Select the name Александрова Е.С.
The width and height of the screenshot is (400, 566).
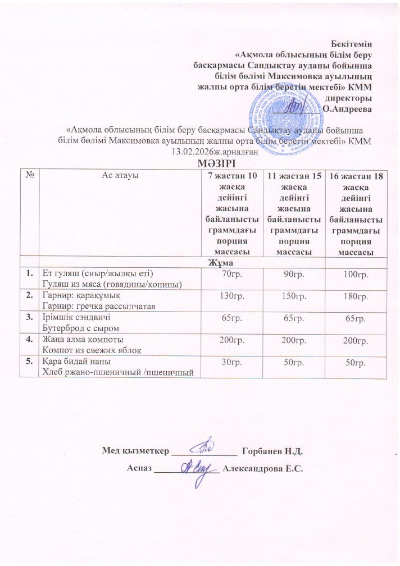pos(263,469)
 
